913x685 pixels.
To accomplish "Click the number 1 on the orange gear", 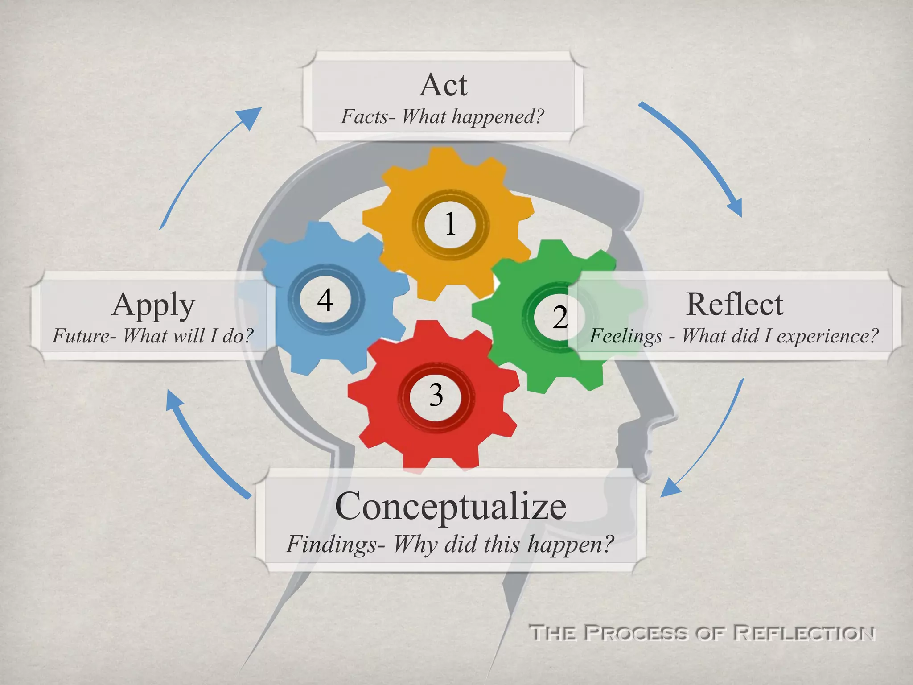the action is click(450, 223).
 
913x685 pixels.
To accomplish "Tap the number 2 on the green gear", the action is click(560, 317).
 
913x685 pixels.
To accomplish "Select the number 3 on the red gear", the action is click(436, 395).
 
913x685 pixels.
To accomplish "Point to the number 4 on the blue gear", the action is click(325, 300).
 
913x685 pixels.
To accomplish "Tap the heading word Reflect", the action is click(734, 304).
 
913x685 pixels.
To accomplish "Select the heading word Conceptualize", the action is click(450, 506).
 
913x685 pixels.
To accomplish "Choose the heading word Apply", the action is click(153, 305).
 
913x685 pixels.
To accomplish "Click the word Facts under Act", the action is click(365, 117).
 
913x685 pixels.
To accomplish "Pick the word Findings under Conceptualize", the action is click(332, 545).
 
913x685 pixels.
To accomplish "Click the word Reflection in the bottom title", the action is click(804, 633).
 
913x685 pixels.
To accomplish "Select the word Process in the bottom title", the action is click(635, 633).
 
